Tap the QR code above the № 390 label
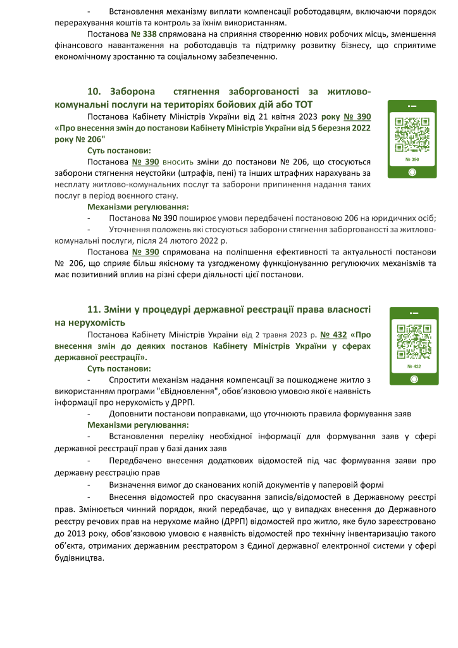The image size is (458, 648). click(x=411, y=135)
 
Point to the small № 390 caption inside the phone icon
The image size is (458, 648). click(x=411, y=159)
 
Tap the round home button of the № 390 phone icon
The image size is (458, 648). click(x=411, y=172)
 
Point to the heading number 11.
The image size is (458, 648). click(x=94, y=309)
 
